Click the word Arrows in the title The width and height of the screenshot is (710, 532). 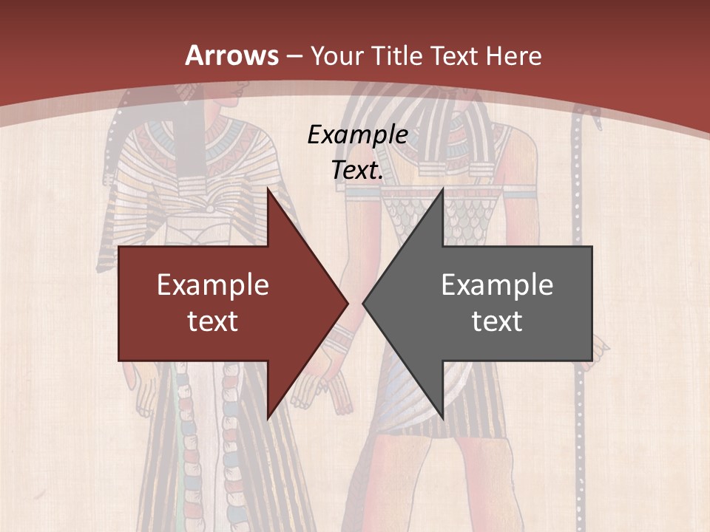tap(231, 55)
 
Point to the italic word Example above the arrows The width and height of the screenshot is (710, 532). tap(357, 134)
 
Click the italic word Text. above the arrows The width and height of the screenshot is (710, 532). tap(357, 170)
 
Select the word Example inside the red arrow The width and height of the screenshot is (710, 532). tap(213, 284)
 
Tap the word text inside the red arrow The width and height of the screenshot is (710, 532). tap(213, 321)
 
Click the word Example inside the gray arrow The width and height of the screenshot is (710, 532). tap(497, 284)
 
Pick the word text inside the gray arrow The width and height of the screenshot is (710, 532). tap(497, 321)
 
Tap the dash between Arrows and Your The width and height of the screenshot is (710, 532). tap(294, 56)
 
